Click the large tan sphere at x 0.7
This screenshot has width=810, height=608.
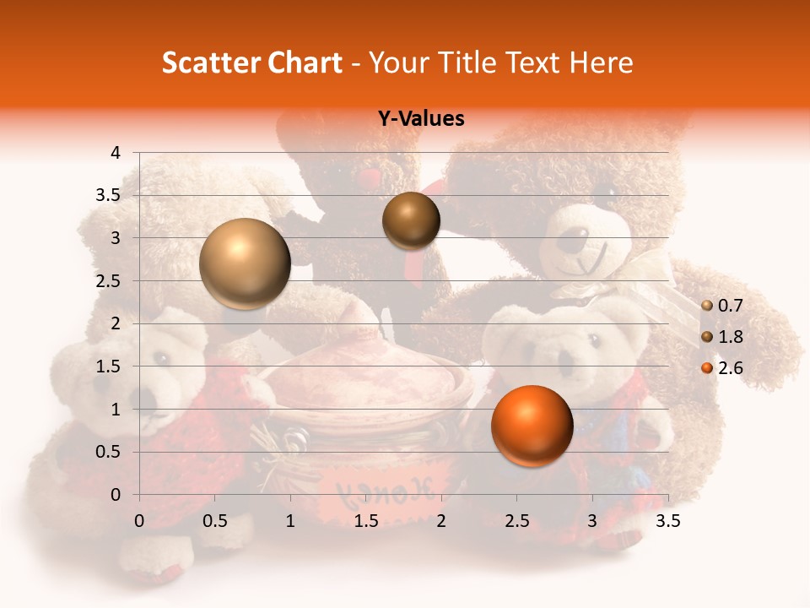(x=246, y=263)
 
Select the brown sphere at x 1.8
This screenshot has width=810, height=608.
(x=411, y=220)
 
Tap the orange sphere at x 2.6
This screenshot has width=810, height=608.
(x=532, y=426)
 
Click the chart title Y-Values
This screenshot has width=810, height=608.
(x=421, y=119)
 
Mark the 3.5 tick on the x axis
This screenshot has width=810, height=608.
(x=667, y=521)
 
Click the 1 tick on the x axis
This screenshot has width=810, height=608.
(x=290, y=521)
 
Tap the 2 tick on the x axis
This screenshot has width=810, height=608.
(x=441, y=521)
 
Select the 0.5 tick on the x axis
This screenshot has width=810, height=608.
(x=215, y=521)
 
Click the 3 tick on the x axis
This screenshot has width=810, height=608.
(x=592, y=521)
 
